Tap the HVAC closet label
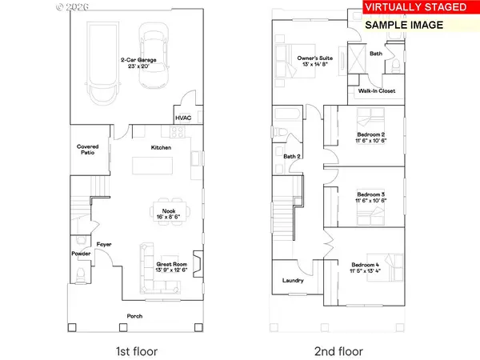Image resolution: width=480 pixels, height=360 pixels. (x=183, y=119)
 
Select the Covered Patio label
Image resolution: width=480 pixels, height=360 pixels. (x=87, y=150)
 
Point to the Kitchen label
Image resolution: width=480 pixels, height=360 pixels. (x=162, y=148)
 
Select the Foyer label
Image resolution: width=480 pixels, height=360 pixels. (x=104, y=243)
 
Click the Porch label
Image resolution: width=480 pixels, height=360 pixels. (x=135, y=316)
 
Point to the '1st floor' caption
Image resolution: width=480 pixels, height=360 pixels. (x=135, y=350)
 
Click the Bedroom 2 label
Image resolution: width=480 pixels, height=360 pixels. (x=371, y=134)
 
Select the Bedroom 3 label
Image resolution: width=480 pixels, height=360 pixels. (x=371, y=196)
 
